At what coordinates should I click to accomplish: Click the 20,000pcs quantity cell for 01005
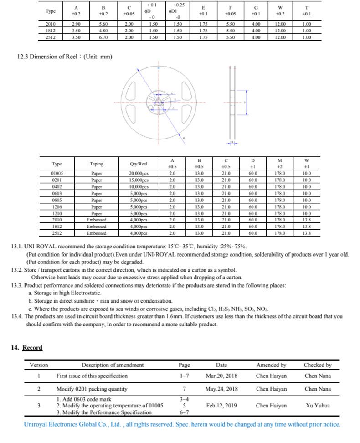click(x=139, y=173)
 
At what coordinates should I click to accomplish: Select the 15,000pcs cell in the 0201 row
click(x=139, y=180)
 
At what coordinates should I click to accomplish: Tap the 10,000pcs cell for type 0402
click(x=139, y=187)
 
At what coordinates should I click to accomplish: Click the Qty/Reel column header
click(x=139, y=164)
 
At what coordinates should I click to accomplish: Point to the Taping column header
click(x=97, y=164)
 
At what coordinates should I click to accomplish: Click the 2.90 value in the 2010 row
click(x=76, y=24)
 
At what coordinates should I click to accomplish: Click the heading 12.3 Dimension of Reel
click(x=64, y=57)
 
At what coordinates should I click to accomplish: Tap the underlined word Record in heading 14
click(x=32, y=348)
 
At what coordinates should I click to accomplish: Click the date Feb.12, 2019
click(x=221, y=405)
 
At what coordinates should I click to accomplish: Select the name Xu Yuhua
click(x=318, y=405)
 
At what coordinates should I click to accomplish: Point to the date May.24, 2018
click(x=221, y=389)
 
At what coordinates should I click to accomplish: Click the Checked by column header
click(x=318, y=365)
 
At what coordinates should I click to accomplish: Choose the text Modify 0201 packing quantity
click(x=92, y=389)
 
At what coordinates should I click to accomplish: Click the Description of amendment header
click(x=113, y=365)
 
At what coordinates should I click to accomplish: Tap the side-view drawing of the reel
click(x=232, y=103)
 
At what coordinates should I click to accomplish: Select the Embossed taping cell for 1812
click(x=97, y=227)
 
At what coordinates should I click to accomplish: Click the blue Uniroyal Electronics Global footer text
click(x=182, y=424)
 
